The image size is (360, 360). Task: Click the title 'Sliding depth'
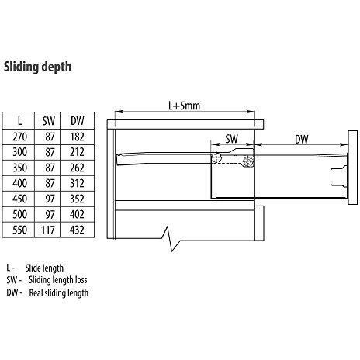pos(39,67)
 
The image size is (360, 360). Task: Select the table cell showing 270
pos(20,136)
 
